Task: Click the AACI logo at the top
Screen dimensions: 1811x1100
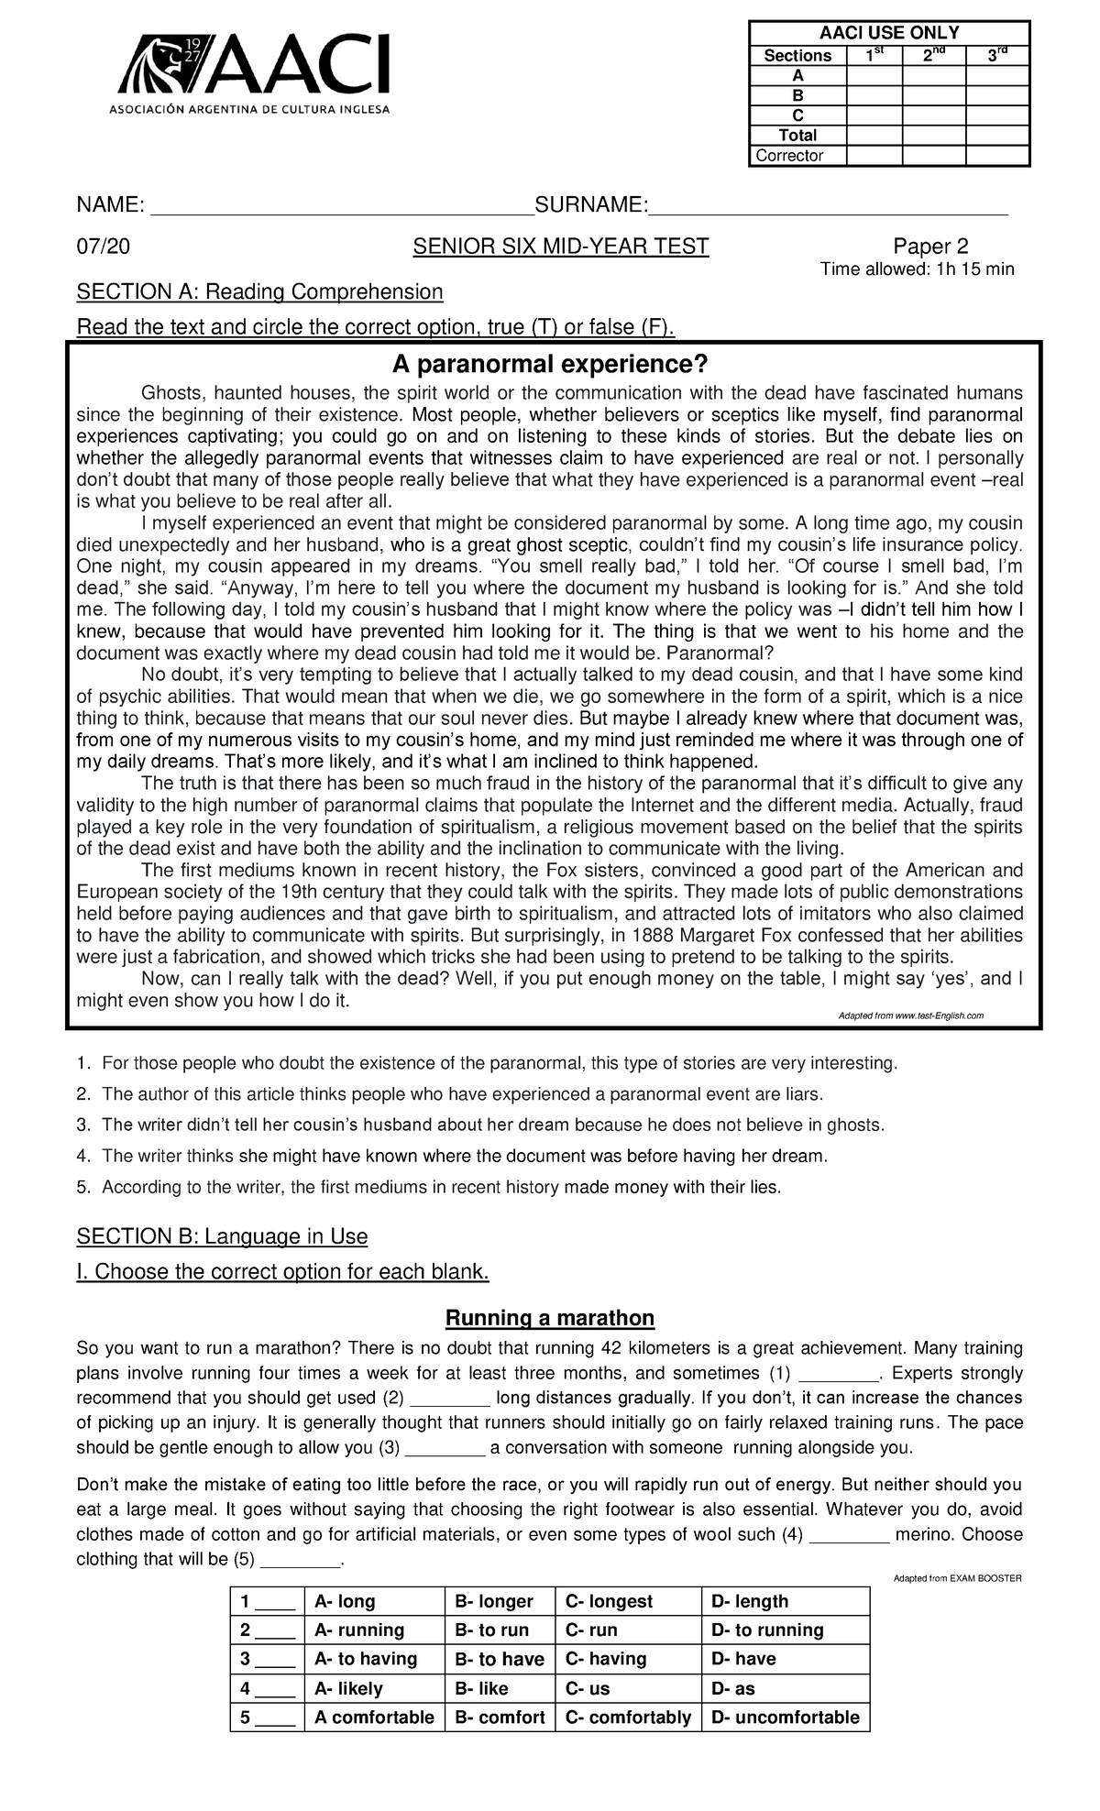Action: [x=251, y=72]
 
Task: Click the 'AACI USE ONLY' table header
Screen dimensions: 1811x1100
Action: [x=888, y=33]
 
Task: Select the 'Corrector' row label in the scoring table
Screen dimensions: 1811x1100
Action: [x=789, y=156]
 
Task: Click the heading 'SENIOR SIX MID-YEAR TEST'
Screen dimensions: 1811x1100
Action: [x=560, y=247]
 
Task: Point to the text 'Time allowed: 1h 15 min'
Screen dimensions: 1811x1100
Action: [x=917, y=269]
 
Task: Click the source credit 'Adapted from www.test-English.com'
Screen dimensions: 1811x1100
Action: [x=911, y=1016]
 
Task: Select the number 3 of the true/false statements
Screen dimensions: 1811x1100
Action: [x=83, y=1125]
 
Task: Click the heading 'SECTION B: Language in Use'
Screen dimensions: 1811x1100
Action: [x=222, y=1236]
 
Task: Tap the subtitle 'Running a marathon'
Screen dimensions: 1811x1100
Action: [x=549, y=1318]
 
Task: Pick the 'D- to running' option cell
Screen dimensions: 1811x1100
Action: [x=767, y=1630]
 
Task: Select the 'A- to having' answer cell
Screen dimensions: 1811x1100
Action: [x=366, y=1659]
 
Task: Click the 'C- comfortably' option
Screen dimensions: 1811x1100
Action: [x=628, y=1718]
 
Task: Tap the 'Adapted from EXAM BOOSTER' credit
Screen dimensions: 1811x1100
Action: [x=956, y=1578]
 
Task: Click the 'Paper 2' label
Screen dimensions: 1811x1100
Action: [x=930, y=247]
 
